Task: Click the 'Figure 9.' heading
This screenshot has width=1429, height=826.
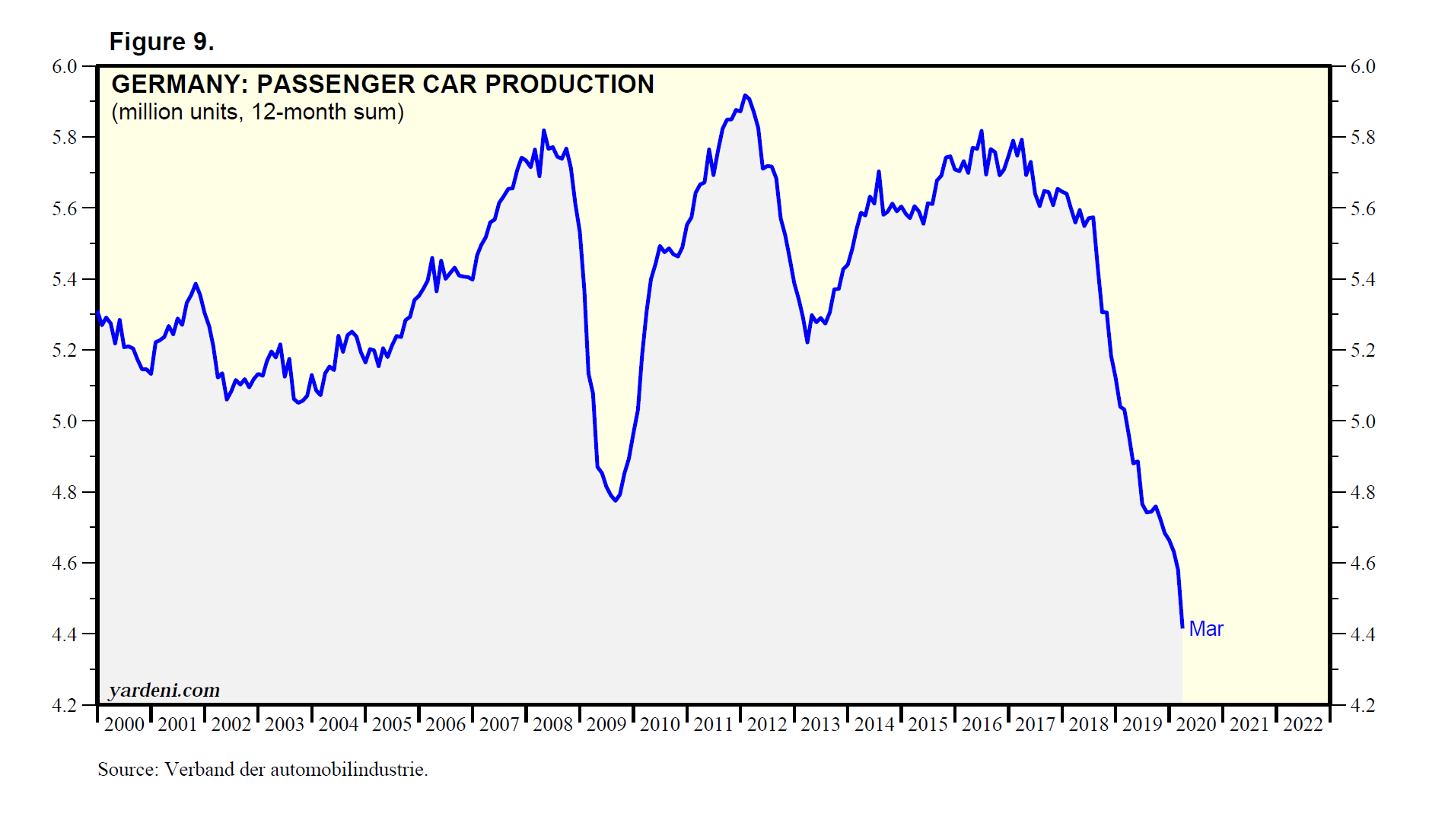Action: [x=161, y=42]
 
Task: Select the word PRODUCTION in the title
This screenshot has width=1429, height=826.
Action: [x=569, y=84]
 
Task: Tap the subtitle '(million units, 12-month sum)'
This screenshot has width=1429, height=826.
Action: [x=257, y=112]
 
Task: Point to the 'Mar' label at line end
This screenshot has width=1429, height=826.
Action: [x=1206, y=629]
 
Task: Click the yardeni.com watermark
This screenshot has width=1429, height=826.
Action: [x=164, y=690]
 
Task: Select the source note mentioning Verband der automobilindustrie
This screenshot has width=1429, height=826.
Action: [x=263, y=770]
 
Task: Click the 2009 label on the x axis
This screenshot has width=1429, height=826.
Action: [x=606, y=724]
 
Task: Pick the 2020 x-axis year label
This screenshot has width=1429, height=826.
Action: [x=1196, y=724]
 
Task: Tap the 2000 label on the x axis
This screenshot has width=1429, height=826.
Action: [x=124, y=724]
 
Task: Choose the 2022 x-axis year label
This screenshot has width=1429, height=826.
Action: [x=1303, y=724]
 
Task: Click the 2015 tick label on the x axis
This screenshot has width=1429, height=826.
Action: [x=928, y=724]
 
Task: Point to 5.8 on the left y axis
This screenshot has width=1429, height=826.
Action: [x=65, y=138]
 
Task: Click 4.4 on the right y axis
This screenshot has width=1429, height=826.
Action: [x=1363, y=634]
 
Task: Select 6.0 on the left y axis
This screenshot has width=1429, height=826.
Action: [x=65, y=67]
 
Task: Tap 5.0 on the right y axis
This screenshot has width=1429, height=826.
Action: [x=1363, y=421]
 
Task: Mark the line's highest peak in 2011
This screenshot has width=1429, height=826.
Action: [x=745, y=96]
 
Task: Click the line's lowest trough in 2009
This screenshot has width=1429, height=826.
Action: [x=615, y=500]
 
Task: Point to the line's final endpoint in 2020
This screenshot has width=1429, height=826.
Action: [x=1182, y=627]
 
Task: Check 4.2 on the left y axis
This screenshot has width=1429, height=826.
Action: [x=65, y=706]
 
